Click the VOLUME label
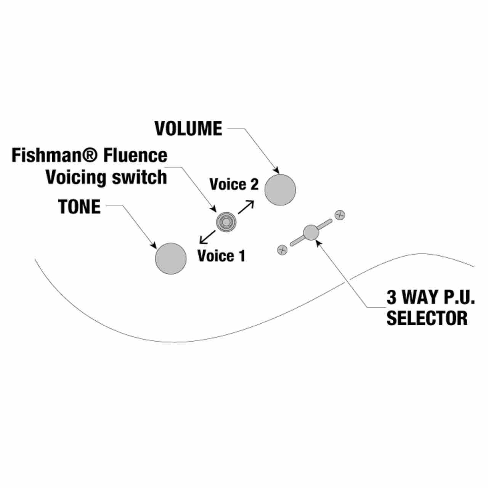[188, 128]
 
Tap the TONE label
[80, 207]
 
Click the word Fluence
[135, 156]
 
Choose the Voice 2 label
[234, 184]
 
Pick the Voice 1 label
[222, 256]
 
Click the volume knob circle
[280, 190]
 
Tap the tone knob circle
[171, 258]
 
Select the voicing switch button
[226, 222]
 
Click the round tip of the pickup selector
[311, 233]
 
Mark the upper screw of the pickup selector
[340, 215]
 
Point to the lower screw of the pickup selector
[282, 250]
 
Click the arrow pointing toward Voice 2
[246, 207]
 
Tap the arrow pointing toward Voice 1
[207, 237]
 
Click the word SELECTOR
[427, 318]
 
